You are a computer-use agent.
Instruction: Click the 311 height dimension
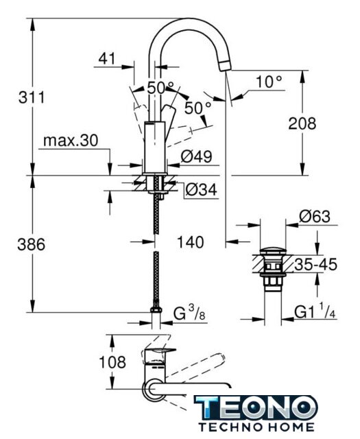pyautogui.click(x=32, y=97)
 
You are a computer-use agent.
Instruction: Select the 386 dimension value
pyautogui.click(x=32, y=244)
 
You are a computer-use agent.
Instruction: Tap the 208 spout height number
pyautogui.click(x=302, y=123)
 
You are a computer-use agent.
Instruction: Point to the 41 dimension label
pyautogui.click(x=107, y=58)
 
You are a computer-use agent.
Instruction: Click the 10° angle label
pyautogui.click(x=269, y=82)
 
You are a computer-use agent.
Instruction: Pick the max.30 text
pyautogui.click(x=71, y=140)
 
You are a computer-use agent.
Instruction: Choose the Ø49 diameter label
pyautogui.click(x=196, y=156)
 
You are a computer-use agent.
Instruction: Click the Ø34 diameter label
pyautogui.click(x=201, y=190)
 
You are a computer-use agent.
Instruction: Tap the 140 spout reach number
pyautogui.click(x=190, y=242)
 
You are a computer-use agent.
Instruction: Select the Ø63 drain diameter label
pyautogui.click(x=315, y=217)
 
